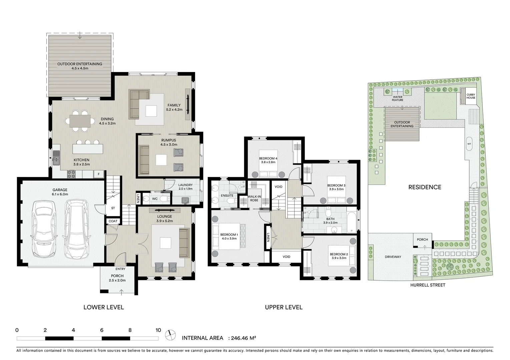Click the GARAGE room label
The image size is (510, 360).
(60, 190)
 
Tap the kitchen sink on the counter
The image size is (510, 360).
(56, 158)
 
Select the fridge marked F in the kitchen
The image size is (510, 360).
(99, 174)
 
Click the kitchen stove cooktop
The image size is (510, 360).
(71, 174)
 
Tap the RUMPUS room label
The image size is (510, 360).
(168, 140)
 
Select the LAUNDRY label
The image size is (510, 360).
(185, 185)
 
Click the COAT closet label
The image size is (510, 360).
(113, 221)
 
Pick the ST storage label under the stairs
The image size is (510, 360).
(113, 208)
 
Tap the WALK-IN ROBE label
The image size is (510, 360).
(254, 198)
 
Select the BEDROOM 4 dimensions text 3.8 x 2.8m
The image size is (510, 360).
(268, 162)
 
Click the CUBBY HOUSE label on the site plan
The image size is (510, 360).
(471, 96)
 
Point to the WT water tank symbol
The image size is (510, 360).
(469, 144)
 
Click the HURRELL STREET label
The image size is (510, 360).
(428, 285)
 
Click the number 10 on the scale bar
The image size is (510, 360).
(158, 330)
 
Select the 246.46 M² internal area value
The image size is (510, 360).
(243, 338)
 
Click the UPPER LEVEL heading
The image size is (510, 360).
(284, 307)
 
